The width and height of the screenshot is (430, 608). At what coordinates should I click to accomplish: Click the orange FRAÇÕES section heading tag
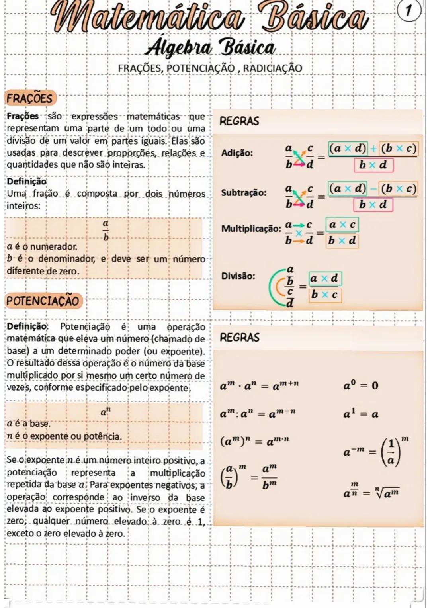pyautogui.click(x=30, y=98)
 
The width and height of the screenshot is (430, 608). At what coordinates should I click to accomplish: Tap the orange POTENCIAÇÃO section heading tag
pyautogui.click(x=43, y=301)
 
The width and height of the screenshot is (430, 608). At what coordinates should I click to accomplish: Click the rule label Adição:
pyautogui.click(x=236, y=153)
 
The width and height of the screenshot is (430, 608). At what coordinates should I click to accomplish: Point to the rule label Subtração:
pyautogui.click(x=244, y=193)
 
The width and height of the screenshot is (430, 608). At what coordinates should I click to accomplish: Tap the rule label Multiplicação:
pyautogui.click(x=251, y=229)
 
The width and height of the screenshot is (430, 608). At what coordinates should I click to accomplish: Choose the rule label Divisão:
pyautogui.click(x=238, y=276)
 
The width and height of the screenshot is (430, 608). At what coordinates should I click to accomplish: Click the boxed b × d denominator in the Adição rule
pyautogui.click(x=373, y=165)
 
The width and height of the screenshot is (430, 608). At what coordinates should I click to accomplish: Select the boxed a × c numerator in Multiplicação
pyautogui.click(x=341, y=225)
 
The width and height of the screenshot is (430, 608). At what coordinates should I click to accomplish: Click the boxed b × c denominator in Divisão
pyautogui.click(x=324, y=295)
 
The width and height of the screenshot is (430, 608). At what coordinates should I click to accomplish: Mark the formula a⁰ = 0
pyautogui.click(x=361, y=385)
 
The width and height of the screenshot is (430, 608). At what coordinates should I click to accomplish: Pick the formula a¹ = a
pyautogui.click(x=361, y=414)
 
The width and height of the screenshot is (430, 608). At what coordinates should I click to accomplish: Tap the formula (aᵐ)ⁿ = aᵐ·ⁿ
pyautogui.click(x=255, y=441)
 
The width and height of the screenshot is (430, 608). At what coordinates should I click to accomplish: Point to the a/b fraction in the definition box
pyautogui.click(x=106, y=231)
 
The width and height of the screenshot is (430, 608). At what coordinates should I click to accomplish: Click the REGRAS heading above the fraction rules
pyautogui.click(x=239, y=121)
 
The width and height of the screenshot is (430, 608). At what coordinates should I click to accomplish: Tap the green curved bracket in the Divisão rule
pyautogui.click(x=275, y=286)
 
